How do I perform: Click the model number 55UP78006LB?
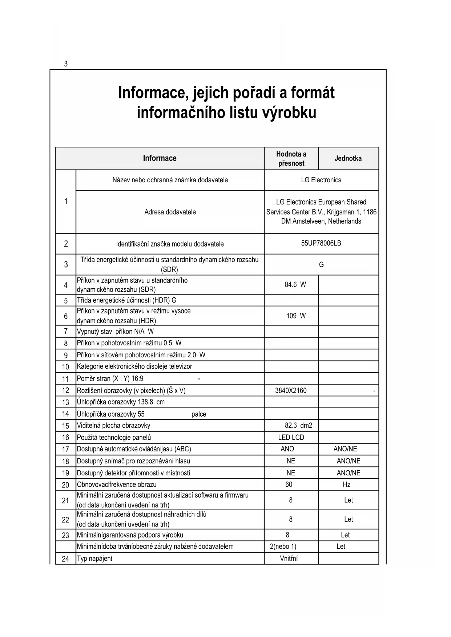321,243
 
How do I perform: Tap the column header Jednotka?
348,158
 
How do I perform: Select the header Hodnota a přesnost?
291,159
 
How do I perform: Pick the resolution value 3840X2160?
291,390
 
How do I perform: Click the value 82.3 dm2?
298,425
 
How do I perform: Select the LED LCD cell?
291,437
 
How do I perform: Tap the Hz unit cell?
346,484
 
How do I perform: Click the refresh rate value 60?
289,484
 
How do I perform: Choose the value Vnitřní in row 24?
289,559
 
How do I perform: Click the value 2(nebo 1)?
283,547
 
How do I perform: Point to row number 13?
65,402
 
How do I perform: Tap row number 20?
65,485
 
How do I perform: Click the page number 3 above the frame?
66,64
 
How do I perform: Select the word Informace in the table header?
160,158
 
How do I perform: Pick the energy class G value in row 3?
321,265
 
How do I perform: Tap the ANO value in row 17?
287,449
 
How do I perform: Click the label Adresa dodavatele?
170,212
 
